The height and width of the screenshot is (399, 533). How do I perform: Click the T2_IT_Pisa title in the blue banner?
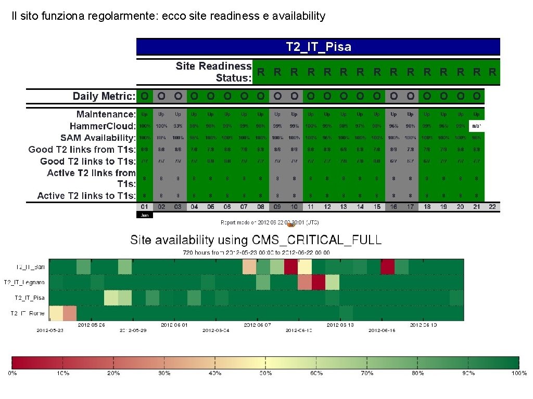click(319, 47)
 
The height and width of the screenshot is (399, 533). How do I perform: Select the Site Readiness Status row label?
click(213, 72)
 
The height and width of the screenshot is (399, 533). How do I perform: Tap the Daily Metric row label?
click(104, 96)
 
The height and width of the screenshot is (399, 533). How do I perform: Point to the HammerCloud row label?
click(103, 126)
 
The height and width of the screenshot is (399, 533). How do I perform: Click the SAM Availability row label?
click(98, 138)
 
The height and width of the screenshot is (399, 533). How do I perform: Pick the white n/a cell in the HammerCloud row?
click(476, 126)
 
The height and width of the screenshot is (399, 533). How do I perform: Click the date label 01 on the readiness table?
click(145, 207)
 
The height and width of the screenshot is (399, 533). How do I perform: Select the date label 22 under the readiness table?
click(492, 207)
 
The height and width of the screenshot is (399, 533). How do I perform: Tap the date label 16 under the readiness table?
click(394, 207)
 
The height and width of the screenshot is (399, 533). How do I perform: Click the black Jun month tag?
click(144, 215)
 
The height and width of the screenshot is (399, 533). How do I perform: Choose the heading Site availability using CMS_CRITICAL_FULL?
click(256, 240)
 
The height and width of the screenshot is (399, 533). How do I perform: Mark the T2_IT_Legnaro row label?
click(24, 282)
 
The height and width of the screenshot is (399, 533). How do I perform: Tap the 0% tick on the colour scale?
click(11, 374)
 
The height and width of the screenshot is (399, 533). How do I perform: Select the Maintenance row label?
click(106, 114)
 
